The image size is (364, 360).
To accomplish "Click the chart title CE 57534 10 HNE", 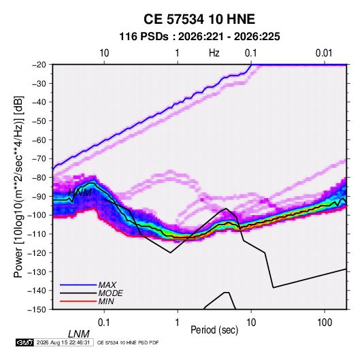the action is (x=199, y=19).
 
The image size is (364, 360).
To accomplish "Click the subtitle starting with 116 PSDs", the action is (x=199, y=37).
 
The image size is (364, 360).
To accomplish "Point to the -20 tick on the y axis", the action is (x=39, y=65).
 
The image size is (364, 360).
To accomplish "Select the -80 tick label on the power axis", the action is (x=39, y=178).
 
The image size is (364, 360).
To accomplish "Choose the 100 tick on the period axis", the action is (x=325, y=323).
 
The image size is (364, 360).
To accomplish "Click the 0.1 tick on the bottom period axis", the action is (x=104, y=323).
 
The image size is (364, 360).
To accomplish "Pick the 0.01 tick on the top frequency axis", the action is (x=324, y=53).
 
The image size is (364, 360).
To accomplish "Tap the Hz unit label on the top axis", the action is (x=214, y=53).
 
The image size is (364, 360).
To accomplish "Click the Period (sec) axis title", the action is (x=214, y=330).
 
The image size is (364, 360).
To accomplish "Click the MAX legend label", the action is (x=107, y=284).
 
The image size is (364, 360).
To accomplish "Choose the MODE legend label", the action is (x=110, y=293).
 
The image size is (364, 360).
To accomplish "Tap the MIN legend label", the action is (x=106, y=301).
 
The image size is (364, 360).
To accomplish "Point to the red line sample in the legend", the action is (x=78, y=301).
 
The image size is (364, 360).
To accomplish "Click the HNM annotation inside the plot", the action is (x=80, y=193).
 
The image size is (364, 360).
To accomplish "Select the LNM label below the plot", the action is (x=79, y=334).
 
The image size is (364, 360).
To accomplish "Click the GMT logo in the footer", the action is (x=24, y=342).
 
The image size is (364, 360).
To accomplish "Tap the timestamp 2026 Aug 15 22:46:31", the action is (x=63, y=342).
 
